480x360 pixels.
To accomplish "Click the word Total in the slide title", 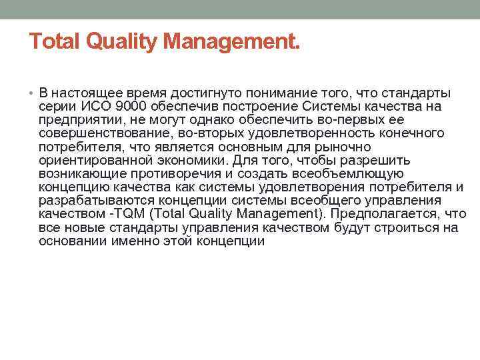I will pyautogui.click(x=54, y=43).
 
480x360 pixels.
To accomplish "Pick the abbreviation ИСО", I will pyautogui.click(x=94, y=106).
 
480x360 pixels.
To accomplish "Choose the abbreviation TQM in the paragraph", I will pyautogui.click(x=123, y=214).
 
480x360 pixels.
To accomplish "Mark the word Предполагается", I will pyautogui.click(x=382, y=214).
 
